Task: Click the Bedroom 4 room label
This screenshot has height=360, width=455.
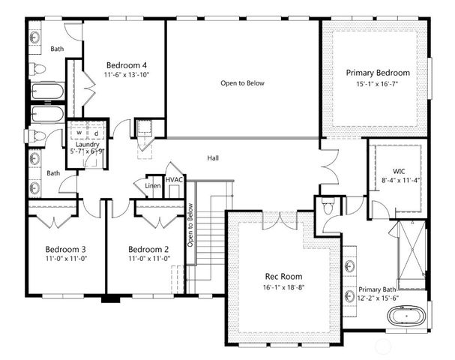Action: coord(125,64)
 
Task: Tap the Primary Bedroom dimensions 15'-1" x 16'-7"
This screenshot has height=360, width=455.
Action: coord(378,85)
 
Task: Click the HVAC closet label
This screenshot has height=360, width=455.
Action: coord(175,180)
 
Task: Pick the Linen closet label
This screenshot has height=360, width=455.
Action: coord(153,185)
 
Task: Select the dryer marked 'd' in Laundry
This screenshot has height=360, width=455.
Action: coord(95,134)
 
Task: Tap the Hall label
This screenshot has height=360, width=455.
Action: coord(214,158)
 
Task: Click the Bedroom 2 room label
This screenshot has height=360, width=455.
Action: coord(148,249)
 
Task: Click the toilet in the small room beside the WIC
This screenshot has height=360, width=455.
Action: coord(326,205)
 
